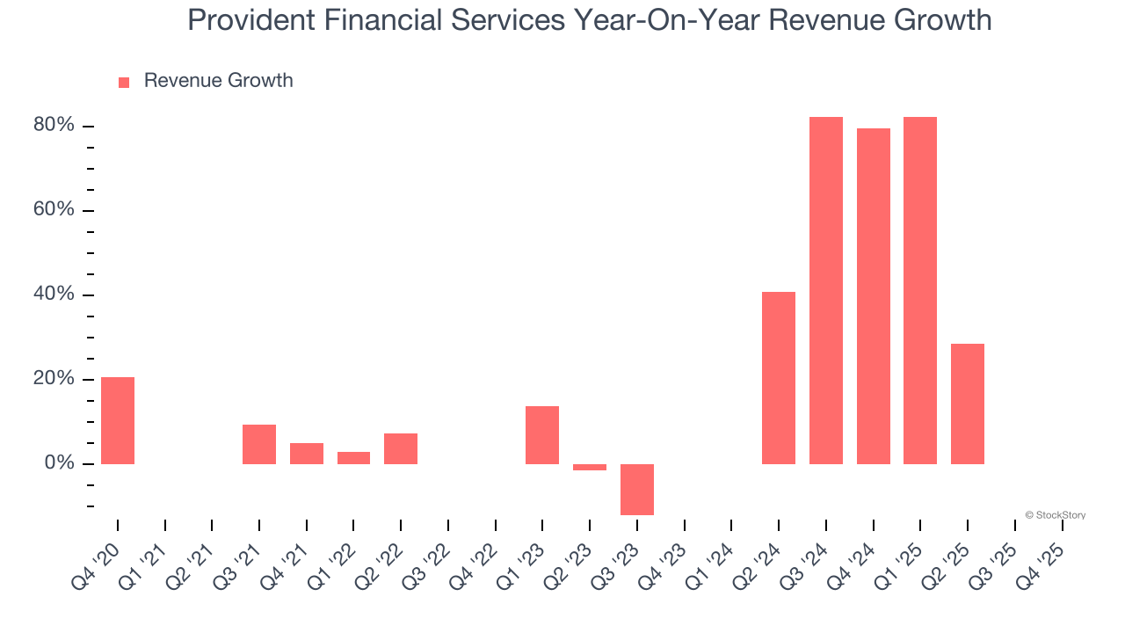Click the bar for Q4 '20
(118, 420)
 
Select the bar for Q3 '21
(259, 444)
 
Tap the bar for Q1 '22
(353, 457)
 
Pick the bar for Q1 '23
(542, 434)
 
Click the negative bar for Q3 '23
(637, 489)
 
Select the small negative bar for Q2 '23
(590, 467)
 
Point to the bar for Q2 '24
(779, 377)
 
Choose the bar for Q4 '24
(874, 295)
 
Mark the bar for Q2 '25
(968, 404)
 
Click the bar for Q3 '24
(826, 290)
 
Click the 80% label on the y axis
(54, 126)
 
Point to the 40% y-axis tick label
(54, 295)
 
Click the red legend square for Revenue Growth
(124, 82)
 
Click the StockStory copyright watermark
(1055, 515)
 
